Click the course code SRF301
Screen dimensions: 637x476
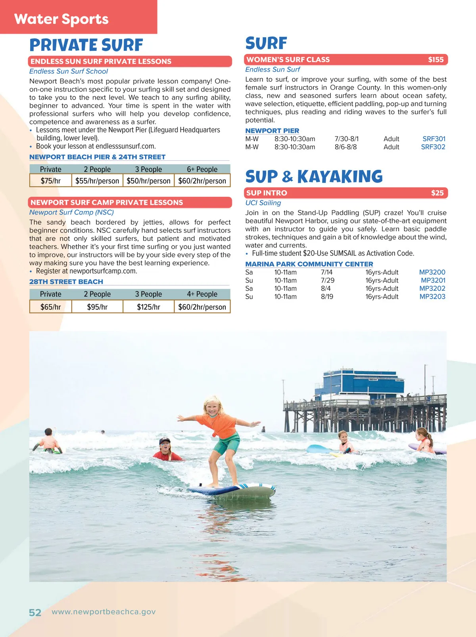pos(434,139)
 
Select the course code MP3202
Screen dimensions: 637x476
pos(432,288)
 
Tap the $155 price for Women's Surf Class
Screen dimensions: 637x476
pos(436,60)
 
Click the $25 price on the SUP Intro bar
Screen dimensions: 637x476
pos(437,193)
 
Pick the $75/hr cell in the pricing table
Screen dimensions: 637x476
pos(51,181)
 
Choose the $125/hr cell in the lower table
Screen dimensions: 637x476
pos(148,307)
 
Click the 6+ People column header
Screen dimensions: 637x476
pos(202,169)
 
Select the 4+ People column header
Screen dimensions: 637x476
pos(202,294)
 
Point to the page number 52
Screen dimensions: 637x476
pos(35,613)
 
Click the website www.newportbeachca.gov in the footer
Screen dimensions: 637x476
pos(104,612)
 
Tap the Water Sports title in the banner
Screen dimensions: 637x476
pos(61,19)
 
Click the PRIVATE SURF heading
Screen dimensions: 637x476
pos(86,45)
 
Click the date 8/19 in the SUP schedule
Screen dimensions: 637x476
pos(327,297)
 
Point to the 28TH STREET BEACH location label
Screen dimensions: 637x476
pos(66,282)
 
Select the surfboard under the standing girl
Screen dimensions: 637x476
pos(234,491)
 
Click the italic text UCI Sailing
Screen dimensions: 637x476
pos(263,203)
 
